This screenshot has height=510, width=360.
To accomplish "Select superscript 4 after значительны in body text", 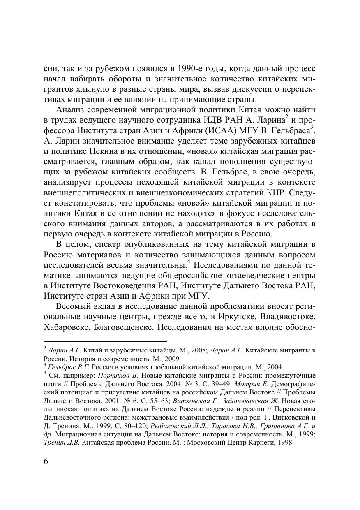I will point(189,262).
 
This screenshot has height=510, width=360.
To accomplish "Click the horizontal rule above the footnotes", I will point(105,341).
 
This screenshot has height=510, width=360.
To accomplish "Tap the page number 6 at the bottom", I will point(46,461).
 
